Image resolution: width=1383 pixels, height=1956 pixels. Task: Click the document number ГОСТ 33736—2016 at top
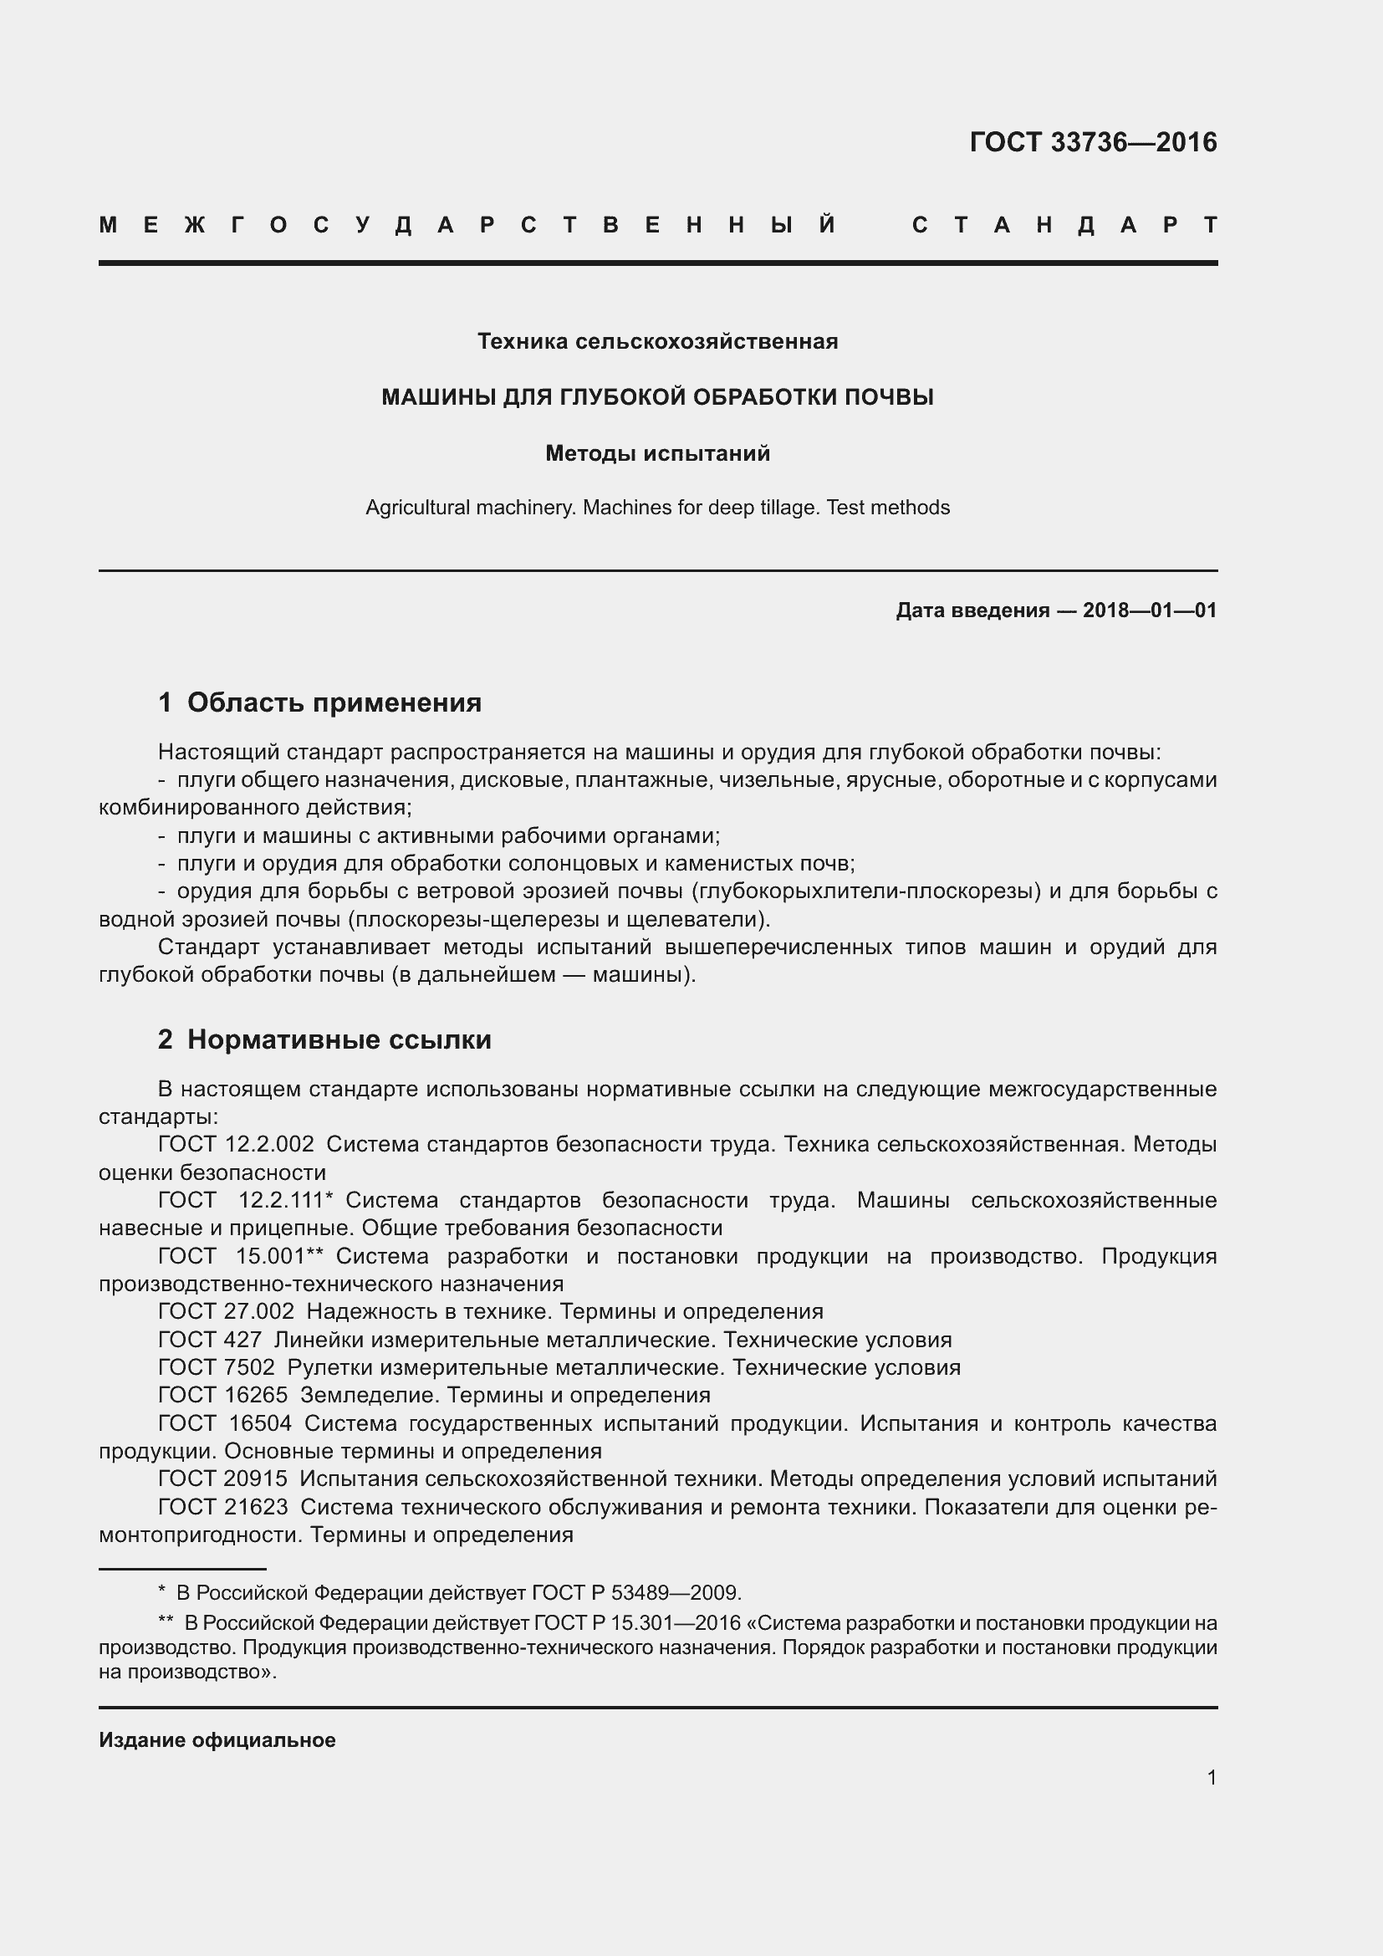[x=1093, y=142]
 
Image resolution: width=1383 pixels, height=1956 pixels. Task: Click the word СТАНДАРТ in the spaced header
[x=1064, y=225]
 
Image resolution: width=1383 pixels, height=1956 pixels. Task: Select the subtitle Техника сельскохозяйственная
[x=657, y=342]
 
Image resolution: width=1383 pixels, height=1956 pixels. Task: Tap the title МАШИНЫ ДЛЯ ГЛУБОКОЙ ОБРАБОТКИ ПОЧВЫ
[x=657, y=397]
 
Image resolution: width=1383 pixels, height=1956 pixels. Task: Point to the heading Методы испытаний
[x=657, y=453]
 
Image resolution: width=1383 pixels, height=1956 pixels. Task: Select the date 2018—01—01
[x=1149, y=610]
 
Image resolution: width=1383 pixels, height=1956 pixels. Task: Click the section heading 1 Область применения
[x=319, y=702]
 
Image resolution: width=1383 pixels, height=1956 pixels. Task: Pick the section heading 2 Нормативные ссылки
[x=324, y=1039]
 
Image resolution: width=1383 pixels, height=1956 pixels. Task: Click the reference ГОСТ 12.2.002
[x=236, y=1144]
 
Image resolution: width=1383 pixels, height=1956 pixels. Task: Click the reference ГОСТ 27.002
[x=227, y=1312]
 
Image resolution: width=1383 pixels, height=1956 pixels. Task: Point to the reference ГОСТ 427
[x=211, y=1340]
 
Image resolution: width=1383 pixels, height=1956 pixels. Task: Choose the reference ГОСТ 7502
[x=217, y=1367]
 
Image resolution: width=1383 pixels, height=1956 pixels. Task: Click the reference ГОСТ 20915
[x=223, y=1479]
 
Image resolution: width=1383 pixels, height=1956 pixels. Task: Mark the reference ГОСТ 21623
[x=223, y=1507]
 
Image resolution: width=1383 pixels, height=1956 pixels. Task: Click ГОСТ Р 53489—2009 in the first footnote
[x=635, y=1593]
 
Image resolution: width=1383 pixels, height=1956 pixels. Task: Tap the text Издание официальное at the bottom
[x=217, y=1739]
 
